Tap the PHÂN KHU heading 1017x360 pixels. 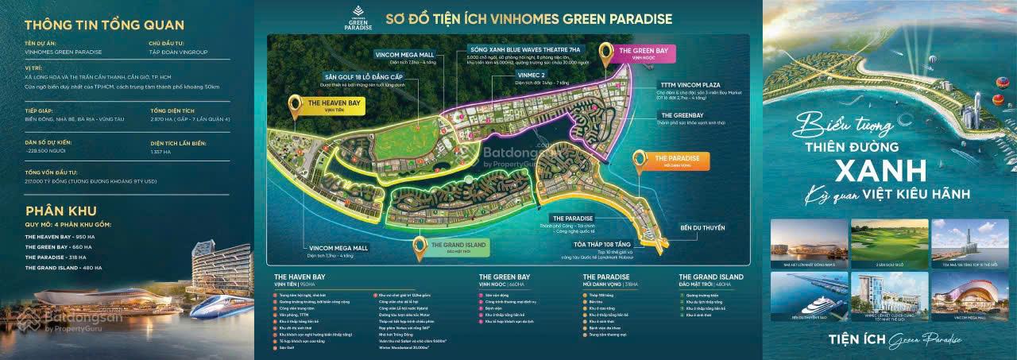click(x=61, y=211)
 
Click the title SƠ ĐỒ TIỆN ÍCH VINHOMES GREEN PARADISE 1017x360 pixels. click(x=528, y=18)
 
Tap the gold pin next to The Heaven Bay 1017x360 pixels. click(x=296, y=106)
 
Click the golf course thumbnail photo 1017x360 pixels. click(x=888, y=242)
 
